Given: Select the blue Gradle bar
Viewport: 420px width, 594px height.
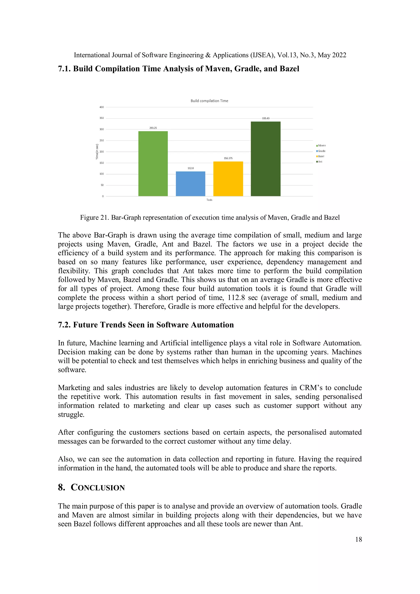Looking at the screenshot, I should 191,184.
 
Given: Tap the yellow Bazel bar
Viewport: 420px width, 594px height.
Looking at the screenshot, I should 228,179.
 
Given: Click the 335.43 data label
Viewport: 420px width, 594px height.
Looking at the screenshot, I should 266,118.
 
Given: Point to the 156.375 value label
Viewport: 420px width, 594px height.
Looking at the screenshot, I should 228,158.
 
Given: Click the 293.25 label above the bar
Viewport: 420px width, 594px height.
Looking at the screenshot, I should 153,128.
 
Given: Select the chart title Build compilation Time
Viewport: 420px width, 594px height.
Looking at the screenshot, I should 209,101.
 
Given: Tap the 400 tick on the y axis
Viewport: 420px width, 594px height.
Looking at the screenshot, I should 102,107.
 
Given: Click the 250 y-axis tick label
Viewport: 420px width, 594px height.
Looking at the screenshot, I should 102,140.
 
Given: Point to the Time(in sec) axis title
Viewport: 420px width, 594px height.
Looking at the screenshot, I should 97,152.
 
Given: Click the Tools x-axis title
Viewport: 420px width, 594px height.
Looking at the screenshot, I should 209,200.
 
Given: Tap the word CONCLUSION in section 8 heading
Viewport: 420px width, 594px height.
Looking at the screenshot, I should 98,488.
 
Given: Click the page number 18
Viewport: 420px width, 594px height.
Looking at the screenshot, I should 358,539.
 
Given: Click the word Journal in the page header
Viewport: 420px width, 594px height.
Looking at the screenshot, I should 122,55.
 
